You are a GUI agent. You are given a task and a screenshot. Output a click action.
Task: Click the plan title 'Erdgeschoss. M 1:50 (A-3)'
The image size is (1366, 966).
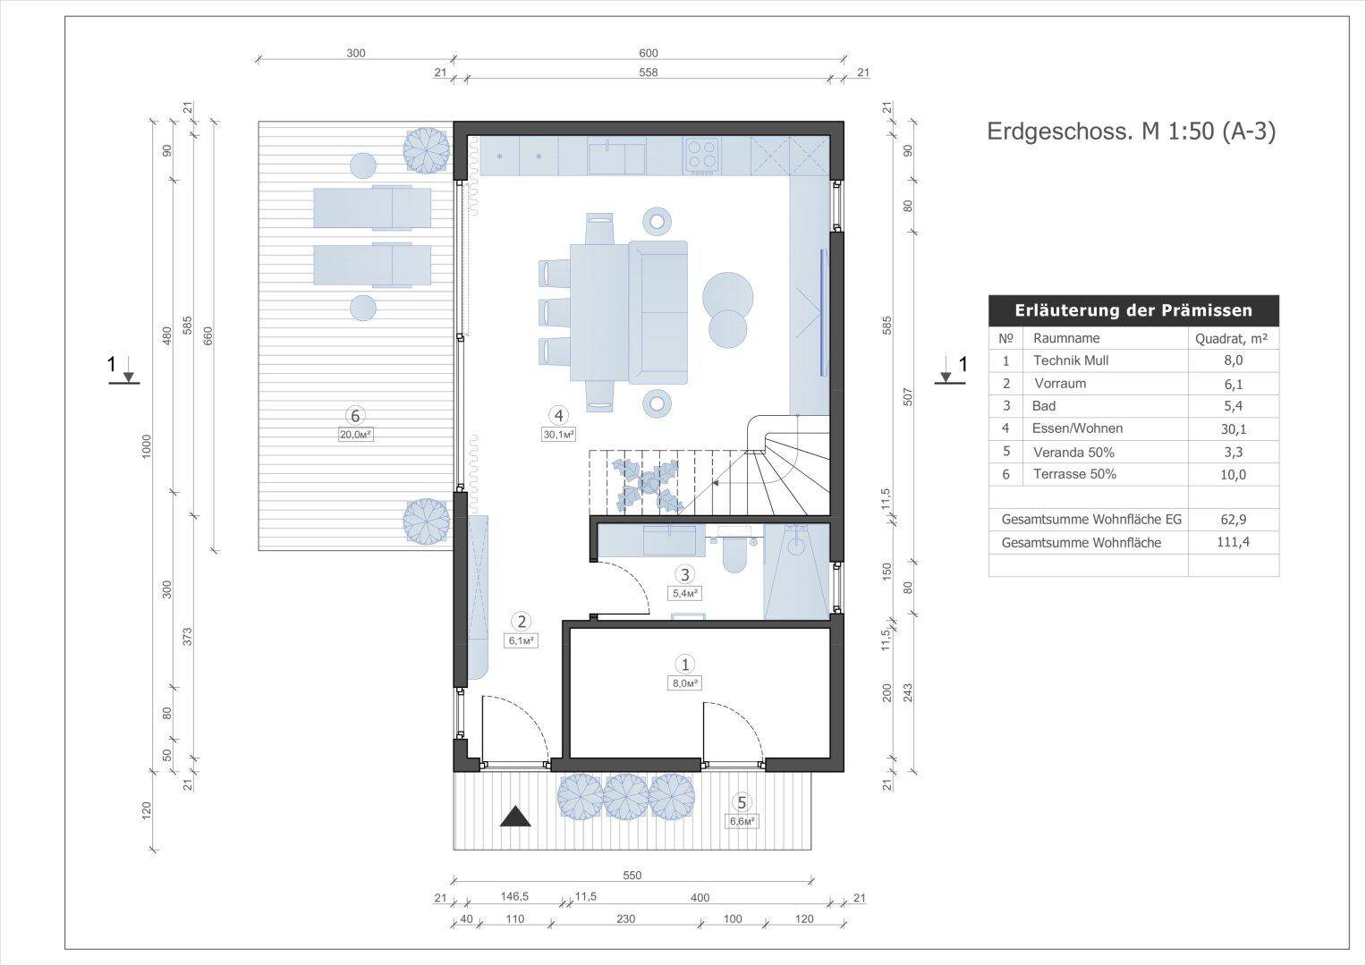[1132, 131]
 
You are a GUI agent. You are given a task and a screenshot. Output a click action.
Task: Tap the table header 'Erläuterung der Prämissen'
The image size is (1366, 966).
[1133, 310]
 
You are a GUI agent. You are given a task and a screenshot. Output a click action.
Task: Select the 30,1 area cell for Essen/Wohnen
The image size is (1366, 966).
[1233, 429]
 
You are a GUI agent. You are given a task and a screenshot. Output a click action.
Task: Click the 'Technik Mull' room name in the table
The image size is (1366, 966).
[1071, 360]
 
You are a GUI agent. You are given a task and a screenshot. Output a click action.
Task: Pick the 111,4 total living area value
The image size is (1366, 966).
[1233, 541]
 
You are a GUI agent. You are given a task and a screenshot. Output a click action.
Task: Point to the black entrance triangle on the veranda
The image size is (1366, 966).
[515, 816]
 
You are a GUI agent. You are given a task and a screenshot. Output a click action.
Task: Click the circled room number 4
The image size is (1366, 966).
[558, 416]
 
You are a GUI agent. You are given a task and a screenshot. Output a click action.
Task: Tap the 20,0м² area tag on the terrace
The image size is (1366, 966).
[356, 435]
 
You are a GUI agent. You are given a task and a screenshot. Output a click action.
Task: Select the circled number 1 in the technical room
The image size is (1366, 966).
[685, 664]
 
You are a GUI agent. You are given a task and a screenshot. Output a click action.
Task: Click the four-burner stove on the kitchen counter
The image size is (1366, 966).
[702, 157]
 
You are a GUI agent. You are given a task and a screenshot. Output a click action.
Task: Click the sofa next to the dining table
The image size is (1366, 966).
[658, 312]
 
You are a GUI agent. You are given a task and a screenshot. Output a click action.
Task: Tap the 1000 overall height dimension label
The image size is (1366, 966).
[147, 447]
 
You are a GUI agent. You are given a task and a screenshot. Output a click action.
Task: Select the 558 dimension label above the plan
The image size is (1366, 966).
[649, 72]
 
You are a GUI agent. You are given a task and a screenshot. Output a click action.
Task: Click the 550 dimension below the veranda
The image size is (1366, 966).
[632, 876]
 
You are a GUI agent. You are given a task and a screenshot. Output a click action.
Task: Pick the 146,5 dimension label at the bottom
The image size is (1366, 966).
[514, 897]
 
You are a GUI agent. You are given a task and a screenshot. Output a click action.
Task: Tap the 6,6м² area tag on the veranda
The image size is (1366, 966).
[742, 821]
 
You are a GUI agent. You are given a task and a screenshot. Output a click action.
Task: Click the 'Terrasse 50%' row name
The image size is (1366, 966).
[1074, 474]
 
